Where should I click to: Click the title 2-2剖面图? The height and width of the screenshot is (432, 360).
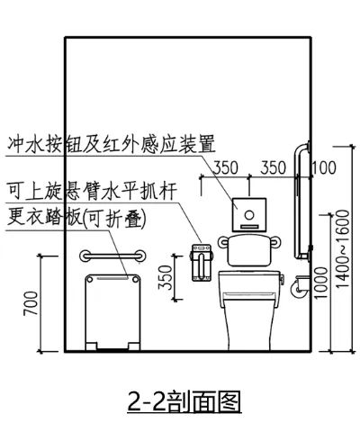pyautogui.click(x=184, y=401)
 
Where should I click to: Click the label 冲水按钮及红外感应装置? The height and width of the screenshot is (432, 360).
pyautogui.click(x=112, y=144)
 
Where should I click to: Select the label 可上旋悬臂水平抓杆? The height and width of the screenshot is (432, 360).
pyautogui.click(x=92, y=191)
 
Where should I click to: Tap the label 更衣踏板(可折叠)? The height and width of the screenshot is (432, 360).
pyautogui.click(x=76, y=219)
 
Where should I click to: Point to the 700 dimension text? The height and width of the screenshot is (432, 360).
pyautogui.click(x=31, y=303)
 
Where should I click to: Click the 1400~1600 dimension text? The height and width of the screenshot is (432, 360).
pyautogui.click(x=342, y=248)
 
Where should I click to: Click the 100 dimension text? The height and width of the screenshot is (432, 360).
pyautogui.click(x=324, y=167)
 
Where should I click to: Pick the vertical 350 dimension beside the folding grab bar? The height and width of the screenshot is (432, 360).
pyautogui.click(x=166, y=277)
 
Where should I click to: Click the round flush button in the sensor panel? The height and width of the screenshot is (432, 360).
pyautogui.click(x=248, y=215)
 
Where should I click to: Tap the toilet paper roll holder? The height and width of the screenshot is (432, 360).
pyautogui.click(x=299, y=286)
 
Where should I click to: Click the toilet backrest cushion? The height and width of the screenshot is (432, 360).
pyautogui.click(x=249, y=250)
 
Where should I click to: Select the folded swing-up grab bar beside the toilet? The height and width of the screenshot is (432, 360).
pyautogui.click(x=202, y=263)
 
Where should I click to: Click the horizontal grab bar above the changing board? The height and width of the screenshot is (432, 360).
pyautogui.click(x=112, y=256)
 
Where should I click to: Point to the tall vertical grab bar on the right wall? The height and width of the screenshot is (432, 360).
pyautogui.click(x=301, y=201)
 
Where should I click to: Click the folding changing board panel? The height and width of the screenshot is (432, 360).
pyautogui.click(x=112, y=312)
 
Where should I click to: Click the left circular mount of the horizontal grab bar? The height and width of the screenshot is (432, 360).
pyautogui.click(x=85, y=256)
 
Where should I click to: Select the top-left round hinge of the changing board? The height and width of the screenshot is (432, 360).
pyautogui.click(x=89, y=280)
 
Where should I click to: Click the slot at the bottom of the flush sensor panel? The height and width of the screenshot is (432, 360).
pyautogui.click(x=249, y=227)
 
